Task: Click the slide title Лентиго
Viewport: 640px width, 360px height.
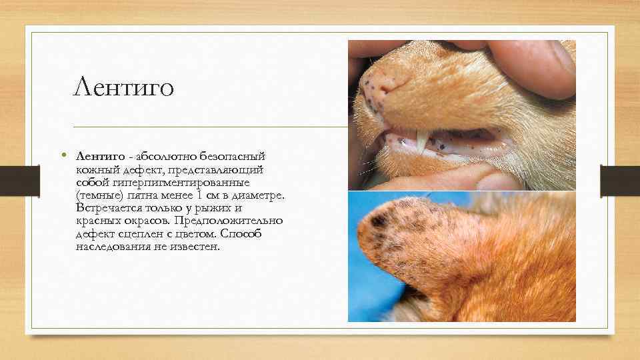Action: point(124,86)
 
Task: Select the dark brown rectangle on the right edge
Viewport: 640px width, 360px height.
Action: point(620,180)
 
